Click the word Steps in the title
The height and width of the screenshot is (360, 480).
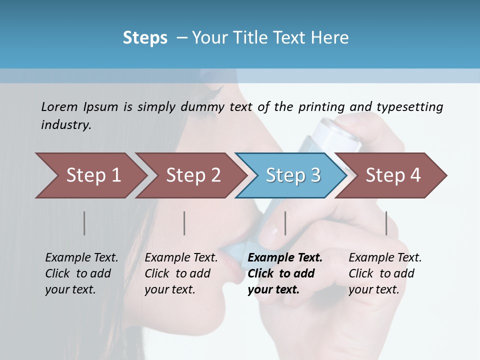[145, 38]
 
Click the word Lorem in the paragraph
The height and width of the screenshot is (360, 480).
[59, 107]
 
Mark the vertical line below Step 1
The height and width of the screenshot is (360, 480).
[84, 223]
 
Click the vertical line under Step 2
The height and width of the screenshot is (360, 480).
[184, 223]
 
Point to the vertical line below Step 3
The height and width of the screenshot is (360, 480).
[285, 223]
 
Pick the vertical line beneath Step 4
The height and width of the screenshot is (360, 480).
[386, 223]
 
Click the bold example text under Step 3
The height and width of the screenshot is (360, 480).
[284, 273]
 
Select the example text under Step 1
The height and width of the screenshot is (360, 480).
[81, 273]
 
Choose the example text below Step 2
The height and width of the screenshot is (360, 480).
[181, 273]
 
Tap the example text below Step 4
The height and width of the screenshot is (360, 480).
[385, 273]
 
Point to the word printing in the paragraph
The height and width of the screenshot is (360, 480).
[321, 107]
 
